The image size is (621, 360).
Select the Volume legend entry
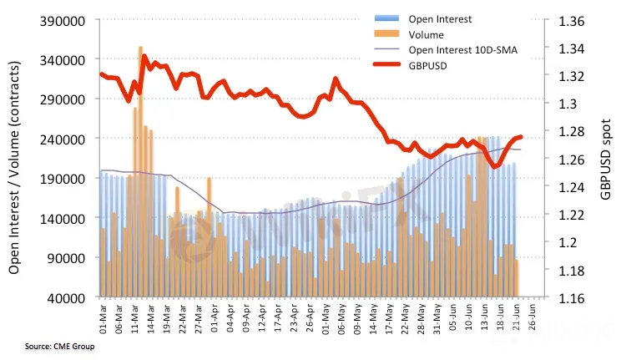pyautogui.click(x=427, y=35)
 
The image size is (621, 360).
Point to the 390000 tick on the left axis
pyautogui.click(x=63, y=20)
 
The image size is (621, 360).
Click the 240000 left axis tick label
pyautogui.click(x=63, y=139)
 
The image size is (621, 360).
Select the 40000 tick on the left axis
pyautogui.click(x=68, y=297)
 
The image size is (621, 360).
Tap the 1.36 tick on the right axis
pyautogui.click(x=564, y=20)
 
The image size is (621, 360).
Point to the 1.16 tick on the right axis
pyautogui.click(x=564, y=297)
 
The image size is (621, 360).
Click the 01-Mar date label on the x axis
pyautogui.click(x=103, y=322)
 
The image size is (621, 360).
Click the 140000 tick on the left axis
pyautogui.click(x=63, y=218)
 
